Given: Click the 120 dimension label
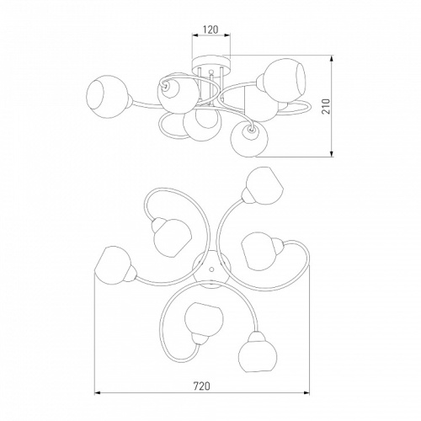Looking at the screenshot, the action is tap(210, 29).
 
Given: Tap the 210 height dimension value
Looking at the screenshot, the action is tap(326, 106).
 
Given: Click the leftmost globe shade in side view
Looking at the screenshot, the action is tap(107, 96).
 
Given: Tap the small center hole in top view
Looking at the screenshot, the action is tap(211, 269).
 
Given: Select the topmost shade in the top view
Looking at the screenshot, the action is tap(264, 185).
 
